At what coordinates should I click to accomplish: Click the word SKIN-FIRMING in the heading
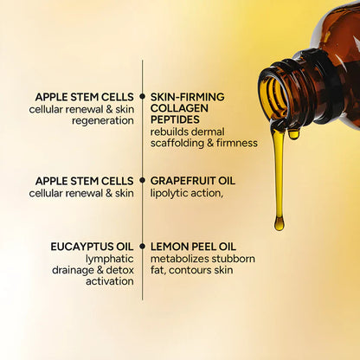(188, 97)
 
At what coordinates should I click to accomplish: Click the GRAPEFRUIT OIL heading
(193, 181)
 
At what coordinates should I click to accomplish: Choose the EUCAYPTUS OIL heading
(92, 246)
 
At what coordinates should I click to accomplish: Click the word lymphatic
(109, 258)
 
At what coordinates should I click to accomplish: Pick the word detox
(118, 269)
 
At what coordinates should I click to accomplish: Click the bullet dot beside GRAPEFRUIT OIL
(142, 181)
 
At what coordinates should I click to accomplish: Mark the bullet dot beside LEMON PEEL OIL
(142, 246)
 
